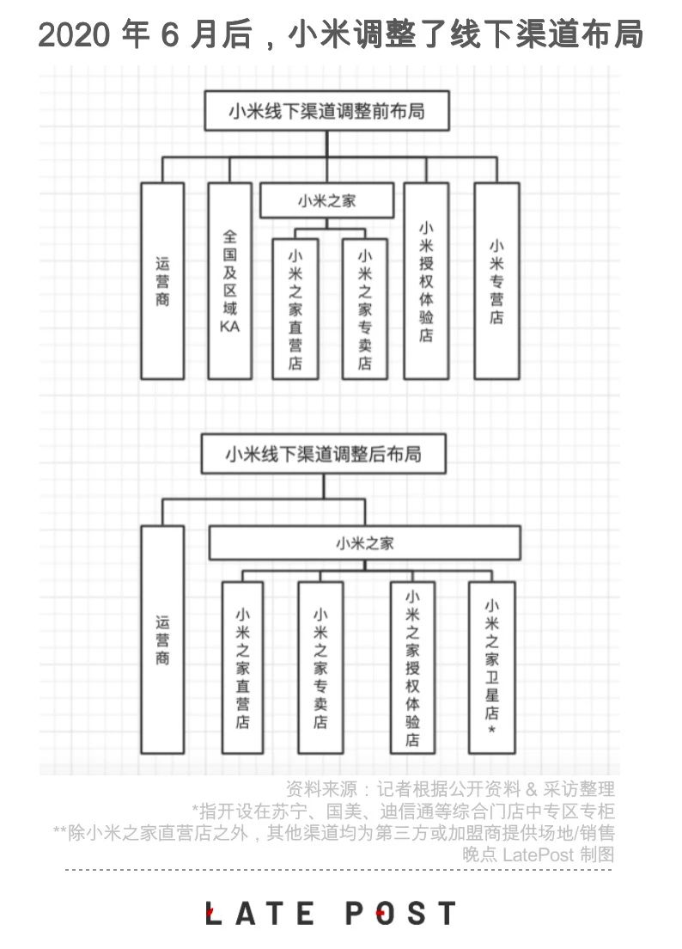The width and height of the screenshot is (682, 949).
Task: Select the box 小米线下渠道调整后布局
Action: click(324, 453)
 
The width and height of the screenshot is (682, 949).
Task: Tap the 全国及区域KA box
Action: click(230, 280)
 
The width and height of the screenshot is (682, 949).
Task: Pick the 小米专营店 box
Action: click(496, 280)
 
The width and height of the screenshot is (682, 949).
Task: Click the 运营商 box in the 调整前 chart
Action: click(162, 280)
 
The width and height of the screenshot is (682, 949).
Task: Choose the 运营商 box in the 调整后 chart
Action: click(162, 640)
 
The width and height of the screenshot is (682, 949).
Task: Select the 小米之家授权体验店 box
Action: click(412, 667)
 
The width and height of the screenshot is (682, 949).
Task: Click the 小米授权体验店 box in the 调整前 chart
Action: click(426, 280)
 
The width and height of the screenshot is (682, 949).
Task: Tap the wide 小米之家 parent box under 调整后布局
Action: click(364, 542)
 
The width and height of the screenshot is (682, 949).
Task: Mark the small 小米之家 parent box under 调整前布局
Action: click(326, 202)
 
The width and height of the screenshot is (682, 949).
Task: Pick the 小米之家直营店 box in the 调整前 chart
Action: click(295, 308)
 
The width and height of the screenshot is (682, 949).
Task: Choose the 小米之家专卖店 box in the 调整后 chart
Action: click(320, 667)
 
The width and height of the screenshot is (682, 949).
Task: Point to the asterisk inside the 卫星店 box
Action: click(491, 730)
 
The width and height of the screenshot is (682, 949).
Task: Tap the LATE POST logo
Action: click(331, 913)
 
